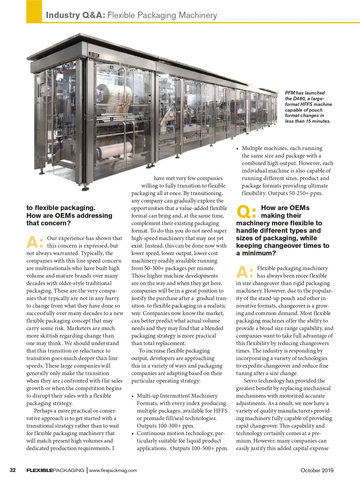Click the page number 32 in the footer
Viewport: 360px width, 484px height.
(x=13, y=470)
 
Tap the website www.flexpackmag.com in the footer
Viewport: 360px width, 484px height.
(x=113, y=470)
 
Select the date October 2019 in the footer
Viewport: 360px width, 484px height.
(x=317, y=470)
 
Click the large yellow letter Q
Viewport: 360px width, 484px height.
(x=244, y=212)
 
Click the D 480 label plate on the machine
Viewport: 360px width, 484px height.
(x=94, y=55)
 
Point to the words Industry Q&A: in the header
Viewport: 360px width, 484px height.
(x=75, y=15)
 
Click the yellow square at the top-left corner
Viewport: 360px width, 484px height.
(x=34, y=11)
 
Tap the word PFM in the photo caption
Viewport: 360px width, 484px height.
(x=290, y=93)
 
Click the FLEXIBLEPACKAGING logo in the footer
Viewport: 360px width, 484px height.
(x=55, y=470)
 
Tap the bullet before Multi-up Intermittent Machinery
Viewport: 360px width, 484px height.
(x=133, y=396)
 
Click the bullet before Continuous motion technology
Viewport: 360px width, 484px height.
(x=133, y=434)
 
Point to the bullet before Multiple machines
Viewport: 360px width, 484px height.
(x=238, y=149)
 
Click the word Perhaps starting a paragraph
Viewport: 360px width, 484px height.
(x=43, y=411)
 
